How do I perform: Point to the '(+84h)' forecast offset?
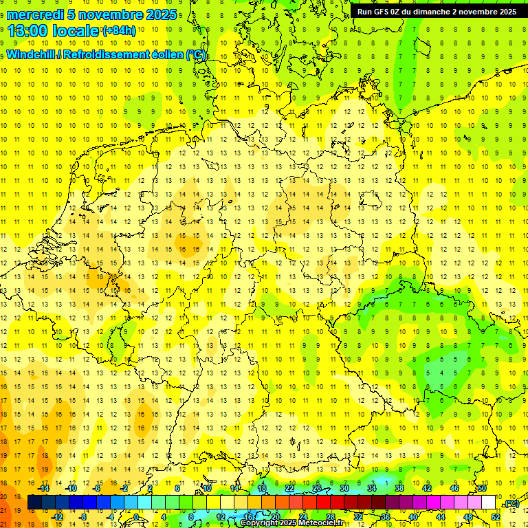click(x=119, y=31)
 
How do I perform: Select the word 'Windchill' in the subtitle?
click(x=31, y=55)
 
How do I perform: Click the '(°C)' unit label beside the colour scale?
click(x=511, y=504)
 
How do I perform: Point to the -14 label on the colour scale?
click(x=45, y=488)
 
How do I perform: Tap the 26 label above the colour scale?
click(x=317, y=488)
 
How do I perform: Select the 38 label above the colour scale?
click(x=399, y=488)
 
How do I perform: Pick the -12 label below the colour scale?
click(x=58, y=517)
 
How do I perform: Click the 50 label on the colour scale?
click(x=482, y=488)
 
